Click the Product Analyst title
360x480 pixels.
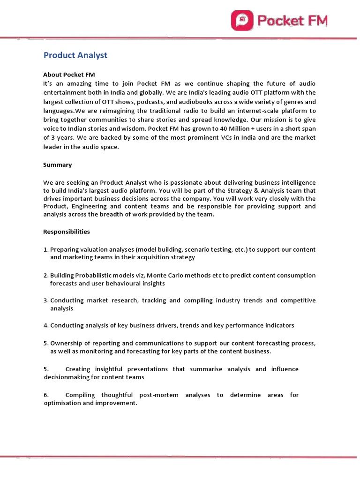point(75,55)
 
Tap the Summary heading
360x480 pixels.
point(58,165)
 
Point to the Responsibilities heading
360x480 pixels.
point(67,232)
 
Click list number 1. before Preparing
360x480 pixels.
point(46,249)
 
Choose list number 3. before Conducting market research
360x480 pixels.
point(46,300)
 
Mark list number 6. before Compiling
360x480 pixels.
point(46,395)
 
